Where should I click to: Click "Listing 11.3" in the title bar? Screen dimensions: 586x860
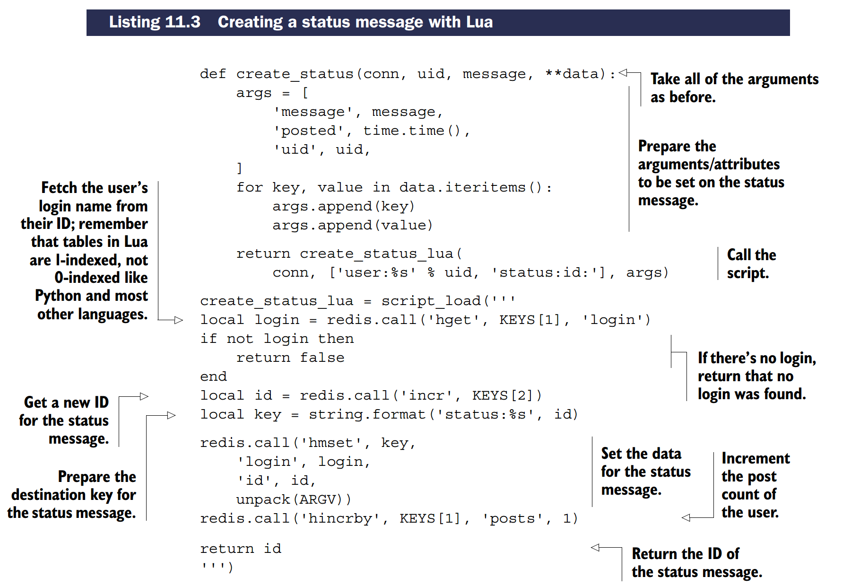tap(155, 22)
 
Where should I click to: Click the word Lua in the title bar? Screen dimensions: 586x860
tap(479, 22)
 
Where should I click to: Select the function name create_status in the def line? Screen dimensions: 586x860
tap(295, 74)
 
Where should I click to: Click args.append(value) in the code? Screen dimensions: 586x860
tap(352, 226)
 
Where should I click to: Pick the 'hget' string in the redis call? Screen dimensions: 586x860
tap(453, 320)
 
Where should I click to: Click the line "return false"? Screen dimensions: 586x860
tap(290, 358)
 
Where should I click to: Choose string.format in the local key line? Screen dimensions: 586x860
tap(367, 415)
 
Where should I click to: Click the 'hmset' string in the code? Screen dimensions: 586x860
tap(331, 443)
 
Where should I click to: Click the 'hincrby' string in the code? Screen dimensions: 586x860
tap(339, 519)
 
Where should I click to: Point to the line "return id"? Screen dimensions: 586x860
tap(240, 549)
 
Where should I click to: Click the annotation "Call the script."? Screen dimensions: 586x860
tap(751, 263)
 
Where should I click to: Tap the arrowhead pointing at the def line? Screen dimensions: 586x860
tap(623, 72)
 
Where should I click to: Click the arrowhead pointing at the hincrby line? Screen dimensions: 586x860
tap(686, 518)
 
